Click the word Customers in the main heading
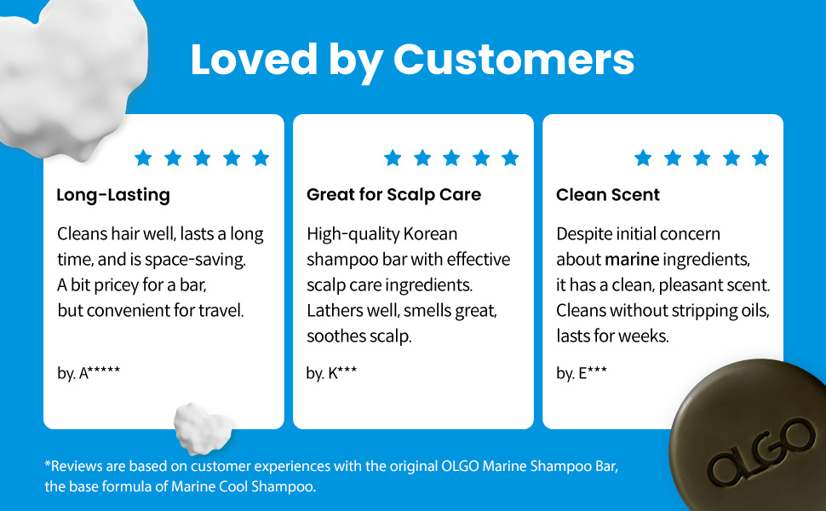(513, 60)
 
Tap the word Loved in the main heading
(254, 59)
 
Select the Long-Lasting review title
(113, 195)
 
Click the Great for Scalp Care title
(393, 195)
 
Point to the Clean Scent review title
(608, 195)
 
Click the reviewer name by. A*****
(89, 372)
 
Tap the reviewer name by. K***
(331, 372)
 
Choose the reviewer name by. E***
(582, 372)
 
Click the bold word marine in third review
(632, 259)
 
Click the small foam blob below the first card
(203, 428)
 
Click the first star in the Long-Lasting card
(143, 158)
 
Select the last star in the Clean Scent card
(760, 158)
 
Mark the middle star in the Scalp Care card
(451, 158)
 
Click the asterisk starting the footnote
(48, 464)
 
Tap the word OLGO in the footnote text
(460, 466)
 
